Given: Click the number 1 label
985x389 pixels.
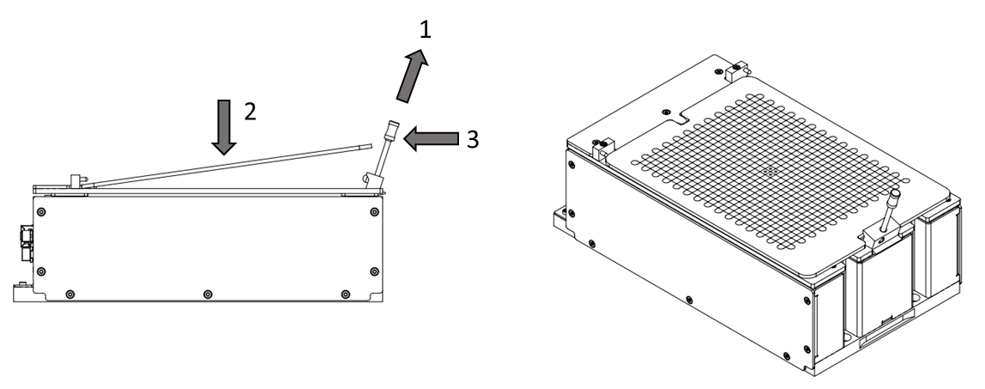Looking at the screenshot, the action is [x=426, y=28].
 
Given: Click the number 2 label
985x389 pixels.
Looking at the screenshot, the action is [x=250, y=112].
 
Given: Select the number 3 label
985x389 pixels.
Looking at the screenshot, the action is [x=473, y=139].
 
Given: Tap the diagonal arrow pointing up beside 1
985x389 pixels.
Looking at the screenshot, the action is [x=412, y=76].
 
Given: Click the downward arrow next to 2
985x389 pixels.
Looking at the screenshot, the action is [x=224, y=126].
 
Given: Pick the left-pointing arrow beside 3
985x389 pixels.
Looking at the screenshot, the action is [x=431, y=138].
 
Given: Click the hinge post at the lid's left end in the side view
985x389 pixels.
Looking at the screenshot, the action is [x=76, y=181].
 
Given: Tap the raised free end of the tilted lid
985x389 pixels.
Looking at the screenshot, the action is [x=368, y=147].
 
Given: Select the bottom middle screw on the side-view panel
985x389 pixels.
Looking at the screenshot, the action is [x=208, y=294].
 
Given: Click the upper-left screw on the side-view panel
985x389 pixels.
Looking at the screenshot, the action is [x=41, y=212].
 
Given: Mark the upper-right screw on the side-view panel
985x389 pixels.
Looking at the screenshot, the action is [x=374, y=212].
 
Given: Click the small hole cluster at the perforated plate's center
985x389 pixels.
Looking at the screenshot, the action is [x=771, y=170].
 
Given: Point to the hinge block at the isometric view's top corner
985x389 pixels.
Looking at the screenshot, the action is [x=738, y=70].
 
